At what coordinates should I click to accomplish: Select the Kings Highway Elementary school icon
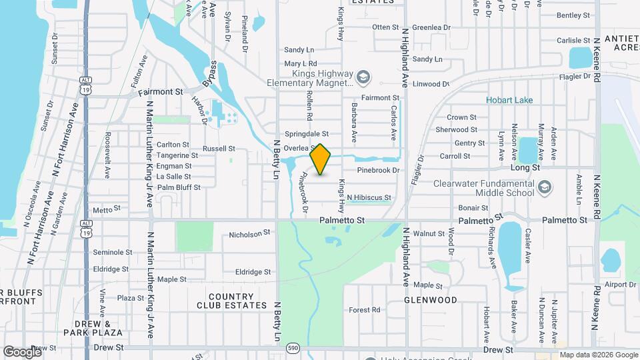[x=362, y=77]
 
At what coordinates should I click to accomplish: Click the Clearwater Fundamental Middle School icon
[x=545, y=186]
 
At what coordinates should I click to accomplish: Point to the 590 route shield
[x=293, y=348]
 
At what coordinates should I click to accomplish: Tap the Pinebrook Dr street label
[x=377, y=171]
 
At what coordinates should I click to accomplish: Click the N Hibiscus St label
[x=369, y=198]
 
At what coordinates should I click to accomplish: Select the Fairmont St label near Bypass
[x=160, y=91]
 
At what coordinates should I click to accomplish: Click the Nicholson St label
[x=249, y=234]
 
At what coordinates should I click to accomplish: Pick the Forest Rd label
[x=364, y=310]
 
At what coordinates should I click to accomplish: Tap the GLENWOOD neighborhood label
[x=431, y=300]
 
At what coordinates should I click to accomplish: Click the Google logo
[x=22, y=351]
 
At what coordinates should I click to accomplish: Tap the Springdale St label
[x=307, y=134]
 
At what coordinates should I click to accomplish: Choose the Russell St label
[x=219, y=148]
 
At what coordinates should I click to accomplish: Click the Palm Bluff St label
[x=178, y=187]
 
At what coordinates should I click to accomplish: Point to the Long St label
[x=525, y=168]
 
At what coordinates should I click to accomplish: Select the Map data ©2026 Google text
[x=598, y=355]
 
